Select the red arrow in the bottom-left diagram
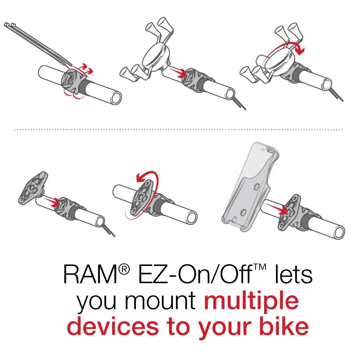pos(49,202)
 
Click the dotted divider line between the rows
pos(180,130)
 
